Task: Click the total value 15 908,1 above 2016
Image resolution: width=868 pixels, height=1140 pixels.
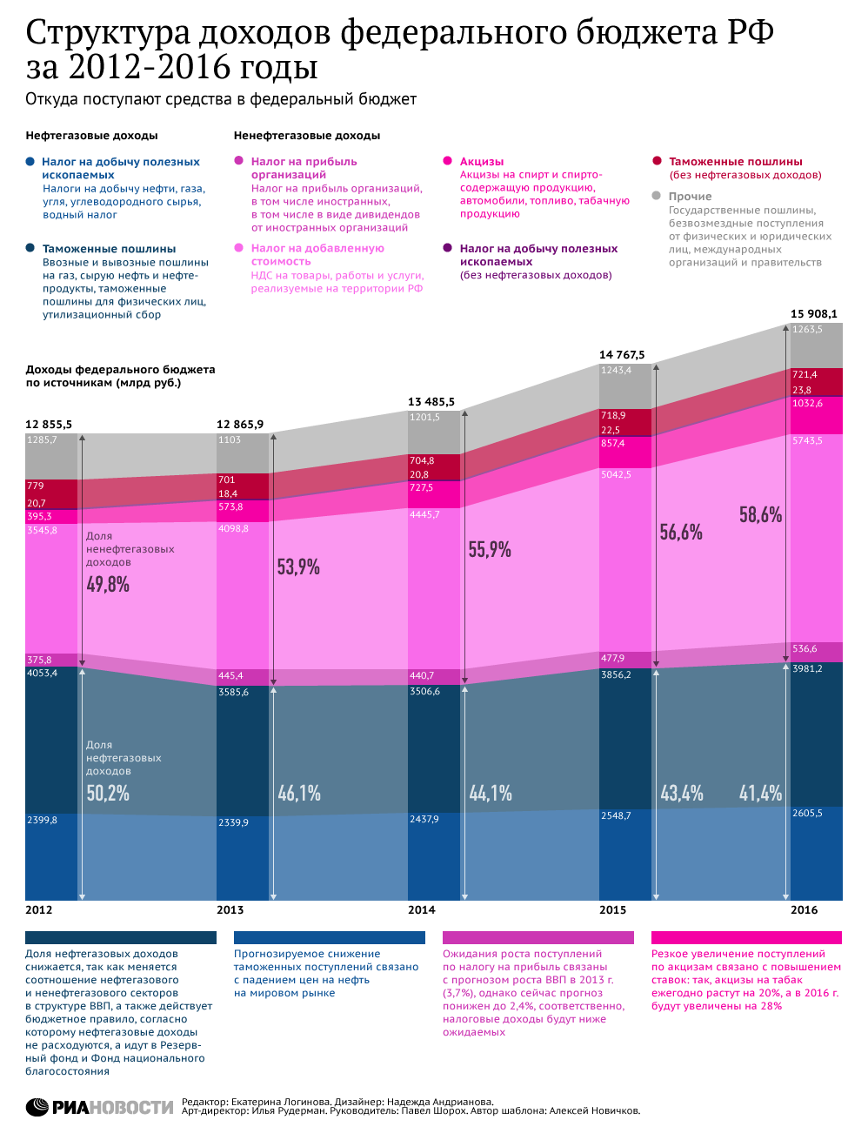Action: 813,313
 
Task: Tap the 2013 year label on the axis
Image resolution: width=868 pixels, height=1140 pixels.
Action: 230,909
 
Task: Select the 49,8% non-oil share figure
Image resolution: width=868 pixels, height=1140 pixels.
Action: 108,584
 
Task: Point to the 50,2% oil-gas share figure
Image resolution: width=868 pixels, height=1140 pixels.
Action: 108,793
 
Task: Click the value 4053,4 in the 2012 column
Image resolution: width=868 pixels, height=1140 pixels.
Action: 43,673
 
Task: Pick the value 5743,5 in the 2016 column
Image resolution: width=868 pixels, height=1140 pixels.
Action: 807,440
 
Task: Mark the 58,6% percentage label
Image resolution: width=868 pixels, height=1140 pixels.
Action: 760,514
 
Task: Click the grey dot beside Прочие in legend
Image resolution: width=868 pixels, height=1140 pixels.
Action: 657,196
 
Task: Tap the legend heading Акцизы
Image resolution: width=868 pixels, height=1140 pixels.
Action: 482,161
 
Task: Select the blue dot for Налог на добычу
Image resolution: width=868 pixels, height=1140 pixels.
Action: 30,161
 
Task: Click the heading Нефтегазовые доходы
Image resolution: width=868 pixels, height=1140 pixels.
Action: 91,136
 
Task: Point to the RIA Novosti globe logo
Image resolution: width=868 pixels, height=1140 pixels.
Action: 37,1107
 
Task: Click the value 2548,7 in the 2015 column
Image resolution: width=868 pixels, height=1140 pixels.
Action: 616,815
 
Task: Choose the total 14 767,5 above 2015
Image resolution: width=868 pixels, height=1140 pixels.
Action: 622,354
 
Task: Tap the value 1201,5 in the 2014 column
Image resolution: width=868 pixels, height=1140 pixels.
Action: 424,417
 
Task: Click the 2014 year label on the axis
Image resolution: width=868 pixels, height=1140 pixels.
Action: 421,909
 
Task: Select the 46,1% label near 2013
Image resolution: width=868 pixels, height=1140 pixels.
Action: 299,793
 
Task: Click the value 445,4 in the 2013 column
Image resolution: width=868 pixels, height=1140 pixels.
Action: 230,675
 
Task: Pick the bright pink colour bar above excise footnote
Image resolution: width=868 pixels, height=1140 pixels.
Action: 746,937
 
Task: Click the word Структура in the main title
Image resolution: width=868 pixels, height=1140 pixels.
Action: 108,33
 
